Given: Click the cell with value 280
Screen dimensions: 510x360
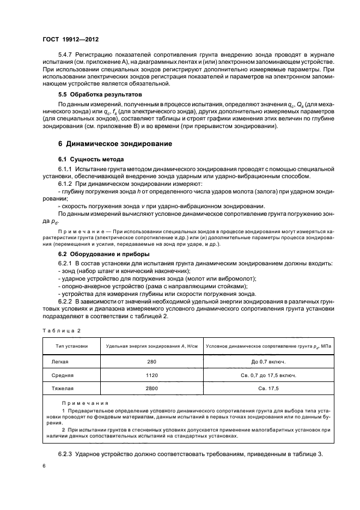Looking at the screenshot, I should [x=152, y=361].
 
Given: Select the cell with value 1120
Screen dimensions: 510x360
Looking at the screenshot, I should [x=152, y=375].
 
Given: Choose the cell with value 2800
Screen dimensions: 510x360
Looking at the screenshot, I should [x=152, y=389].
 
